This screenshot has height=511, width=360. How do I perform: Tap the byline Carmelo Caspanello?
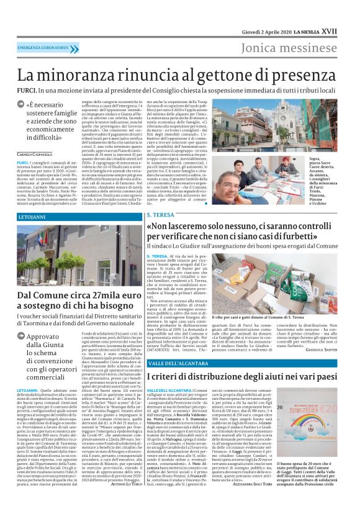coord(34,153)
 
